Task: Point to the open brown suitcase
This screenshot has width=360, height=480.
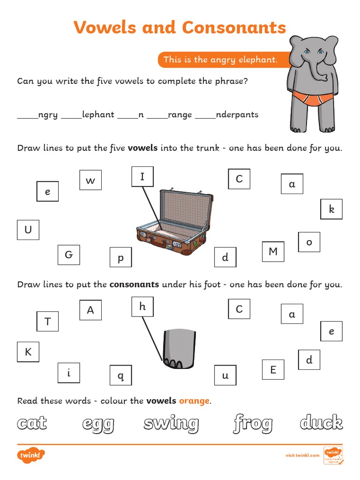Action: click(172, 222)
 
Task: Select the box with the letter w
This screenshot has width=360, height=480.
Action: click(90, 180)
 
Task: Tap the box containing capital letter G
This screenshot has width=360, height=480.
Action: click(68, 255)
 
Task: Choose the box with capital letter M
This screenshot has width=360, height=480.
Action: click(273, 252)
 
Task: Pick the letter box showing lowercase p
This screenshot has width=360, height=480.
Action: click(120, 258)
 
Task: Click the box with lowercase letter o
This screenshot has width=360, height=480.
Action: click(309, 242)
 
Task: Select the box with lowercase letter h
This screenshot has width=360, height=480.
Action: click(142, 307)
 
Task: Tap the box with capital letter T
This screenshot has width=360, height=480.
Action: click(47, 321)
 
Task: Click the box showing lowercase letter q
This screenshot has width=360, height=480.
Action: click(120, 375)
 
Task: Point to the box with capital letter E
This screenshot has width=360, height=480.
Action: click(273, 370)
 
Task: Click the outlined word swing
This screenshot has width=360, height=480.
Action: click(171, 424)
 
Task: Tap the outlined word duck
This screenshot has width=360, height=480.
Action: click(322, 423)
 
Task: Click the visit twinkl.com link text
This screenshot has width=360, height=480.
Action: click(302, 455)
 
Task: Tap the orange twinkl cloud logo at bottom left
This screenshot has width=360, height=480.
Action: click(31, 455)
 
